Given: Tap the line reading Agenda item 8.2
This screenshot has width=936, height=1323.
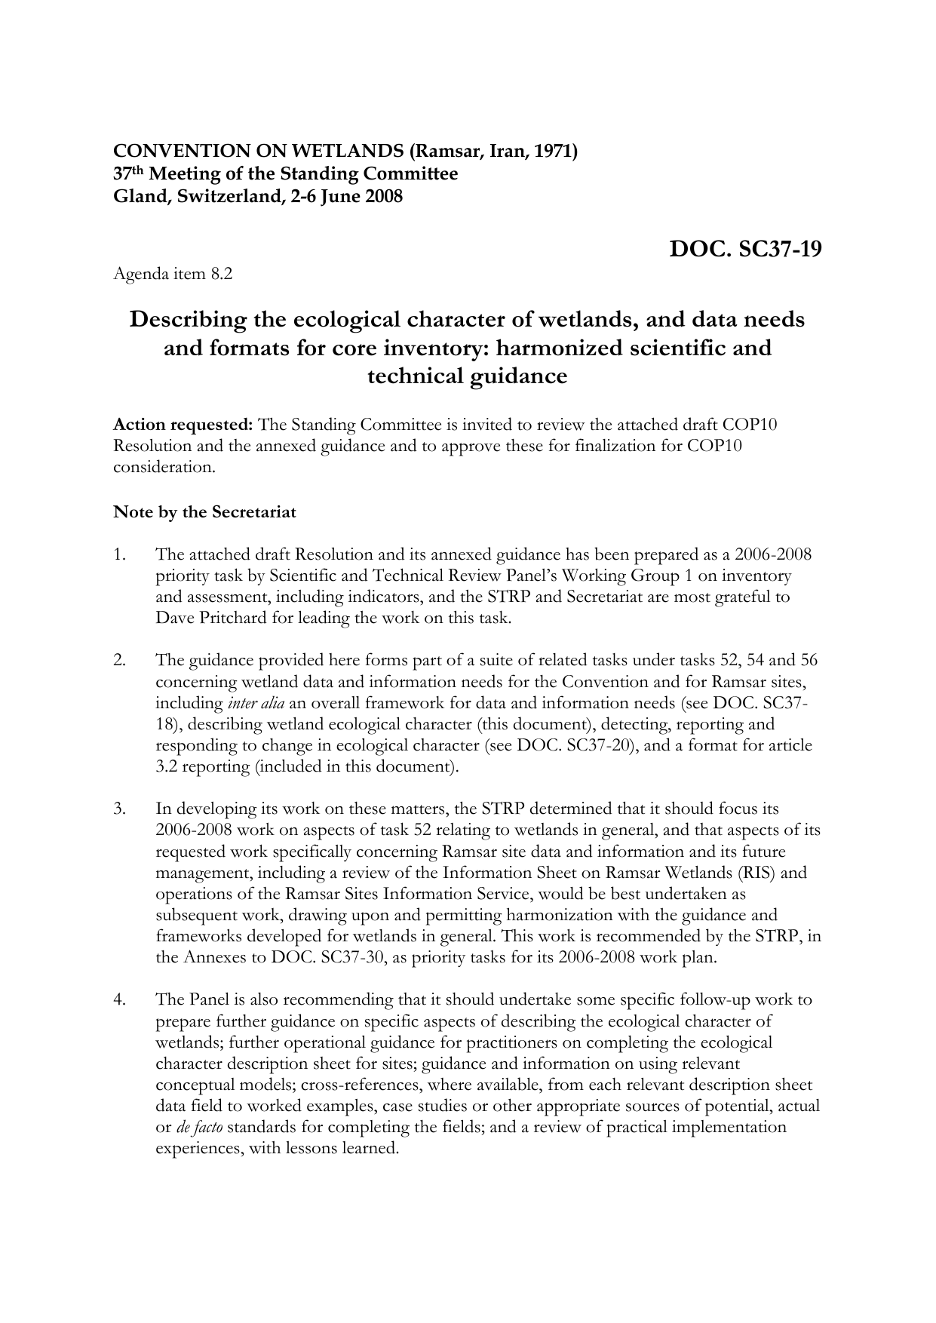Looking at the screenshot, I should tap(173, 274).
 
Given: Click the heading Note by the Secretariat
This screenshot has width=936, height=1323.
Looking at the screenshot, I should tap(204, 512).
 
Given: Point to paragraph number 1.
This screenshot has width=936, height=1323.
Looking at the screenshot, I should tap(118, 555).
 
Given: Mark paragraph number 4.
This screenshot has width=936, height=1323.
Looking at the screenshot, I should tap(118, 1000).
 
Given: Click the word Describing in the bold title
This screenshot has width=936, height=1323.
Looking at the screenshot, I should tap(188, 320).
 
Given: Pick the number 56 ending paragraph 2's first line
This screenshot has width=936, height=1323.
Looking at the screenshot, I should tap(809, 661).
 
